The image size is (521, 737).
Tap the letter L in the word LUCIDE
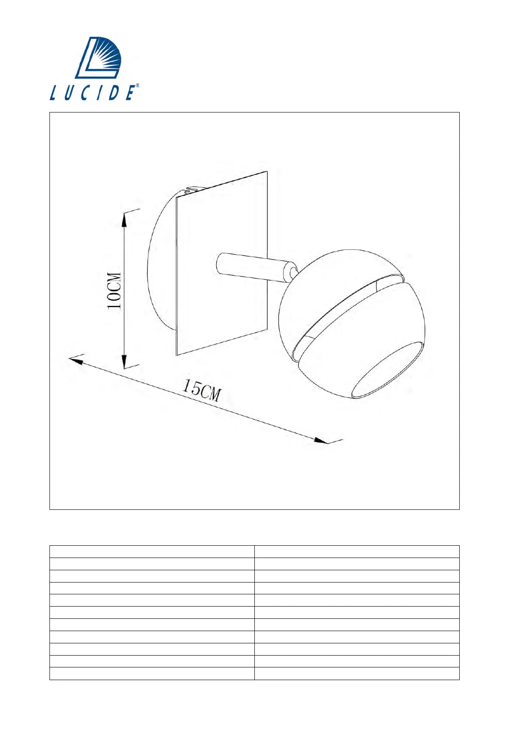[54, 93]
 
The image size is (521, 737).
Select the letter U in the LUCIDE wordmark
[70, 93]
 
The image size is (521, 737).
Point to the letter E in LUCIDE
[130, 93]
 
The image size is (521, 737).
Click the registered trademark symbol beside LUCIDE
[137, 85]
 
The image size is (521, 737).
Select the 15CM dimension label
[201, 390]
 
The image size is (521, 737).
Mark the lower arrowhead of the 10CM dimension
[124, 361]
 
